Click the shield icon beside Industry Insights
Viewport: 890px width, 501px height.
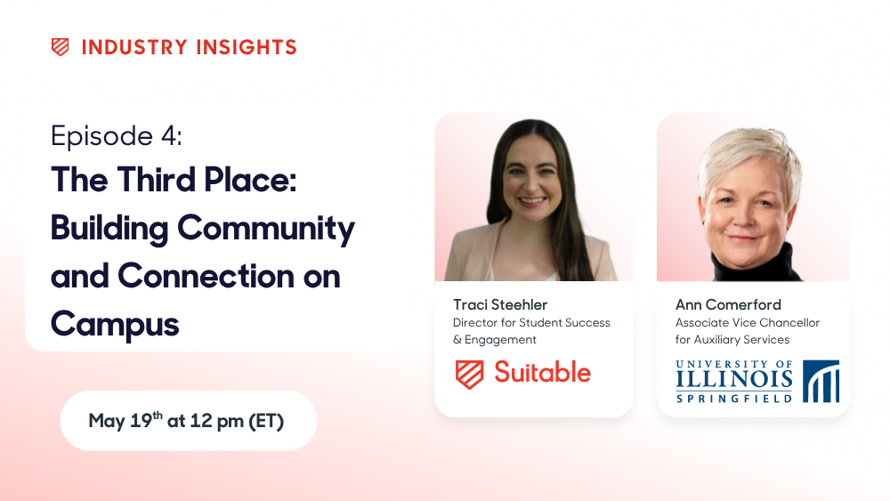point(61,47)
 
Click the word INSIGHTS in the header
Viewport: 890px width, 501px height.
point(247,47)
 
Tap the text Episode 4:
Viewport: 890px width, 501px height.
point(117,136)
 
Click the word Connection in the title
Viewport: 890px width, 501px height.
point(206,277)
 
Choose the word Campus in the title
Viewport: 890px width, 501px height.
point(115,325)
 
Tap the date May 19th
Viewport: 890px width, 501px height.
point(125,420)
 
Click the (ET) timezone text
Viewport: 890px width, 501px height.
point(266,421)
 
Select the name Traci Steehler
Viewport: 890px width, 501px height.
point(500,304)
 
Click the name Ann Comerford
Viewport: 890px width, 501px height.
point(728,304)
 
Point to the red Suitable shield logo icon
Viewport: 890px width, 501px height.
point(469,375)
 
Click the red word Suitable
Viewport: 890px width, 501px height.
point(542,373)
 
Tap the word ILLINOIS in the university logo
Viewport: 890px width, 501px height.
point(734,379)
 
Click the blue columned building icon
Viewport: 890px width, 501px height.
point(821,381)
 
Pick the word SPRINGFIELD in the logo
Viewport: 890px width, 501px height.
point(734,399)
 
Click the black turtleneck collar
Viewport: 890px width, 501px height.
point(755,263)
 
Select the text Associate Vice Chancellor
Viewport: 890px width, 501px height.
point(748,323)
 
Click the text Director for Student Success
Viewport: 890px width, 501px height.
point(531,323)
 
